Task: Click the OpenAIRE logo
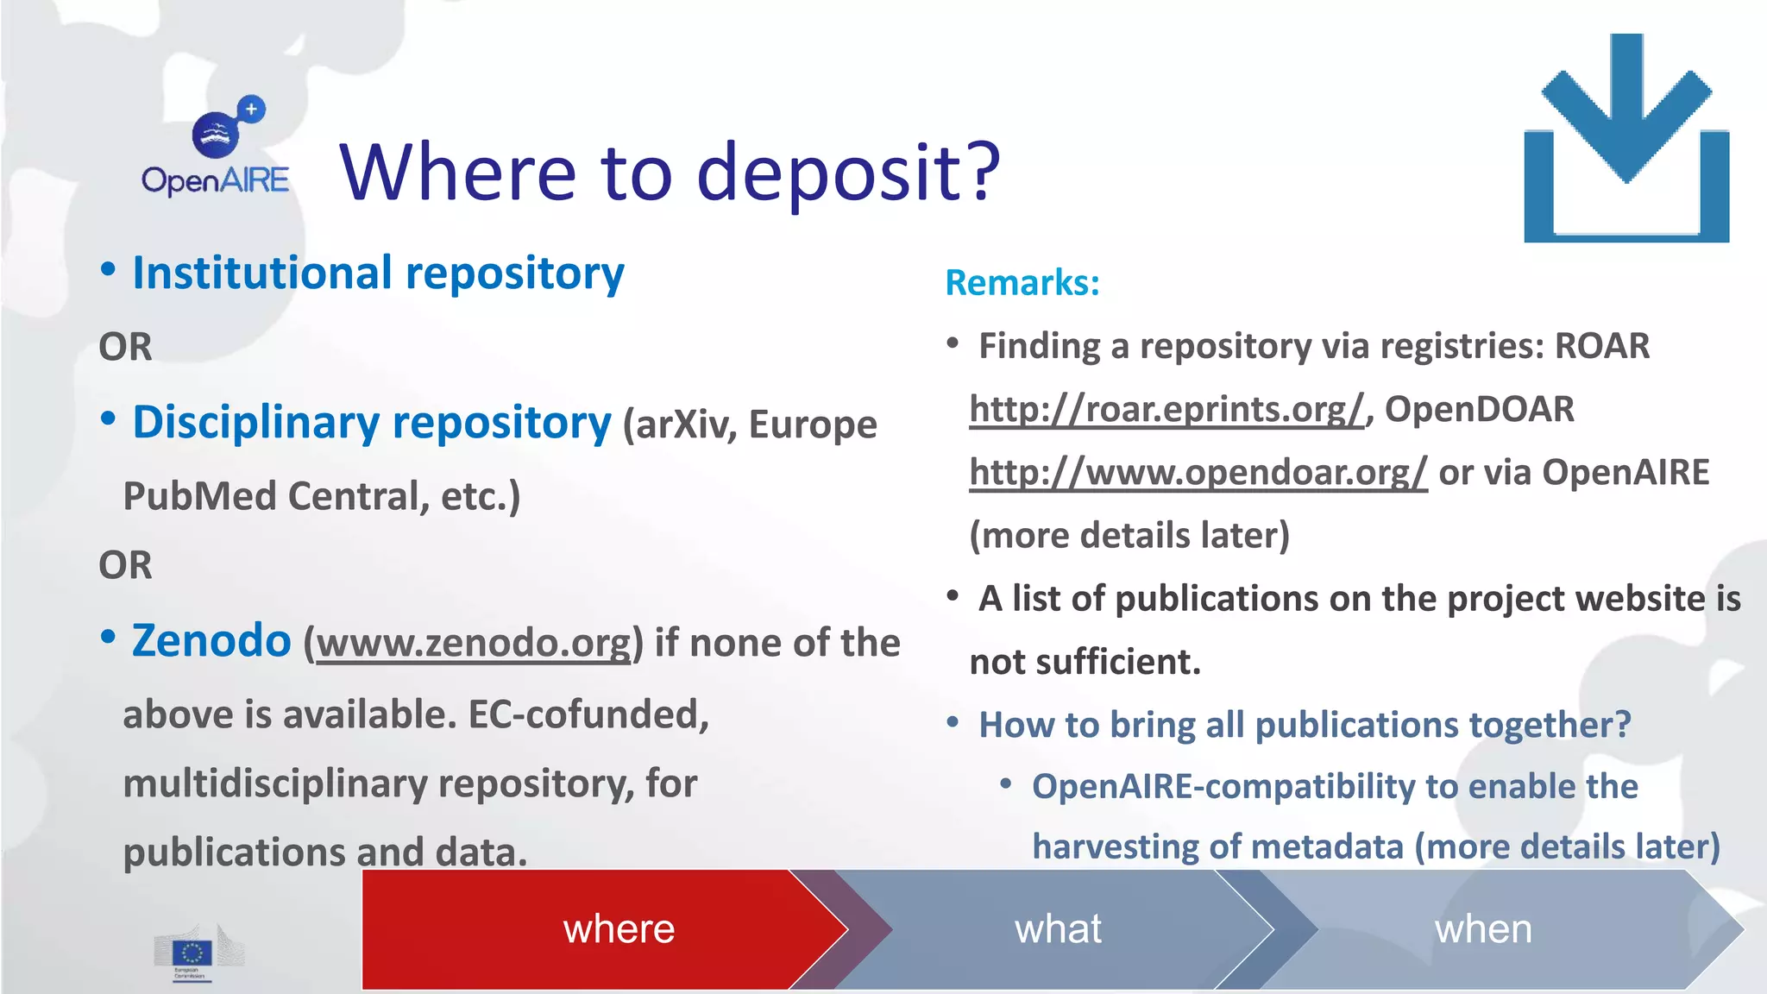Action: click(216, 147)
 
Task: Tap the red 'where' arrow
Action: click(604, 929)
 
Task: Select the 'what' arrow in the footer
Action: click(1058, 929)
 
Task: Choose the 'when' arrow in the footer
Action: click(1483, 929)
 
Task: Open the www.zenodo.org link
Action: click(474, 644)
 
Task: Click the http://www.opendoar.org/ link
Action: click(1198, 473)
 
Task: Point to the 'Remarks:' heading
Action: click(1022, 283)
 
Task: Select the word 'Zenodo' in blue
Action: click(211, 641)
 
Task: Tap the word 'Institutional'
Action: click(262, 274)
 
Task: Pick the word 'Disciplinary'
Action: click(255, 423)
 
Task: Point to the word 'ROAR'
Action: click(1601, 346)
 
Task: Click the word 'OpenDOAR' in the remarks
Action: click(1479, 409)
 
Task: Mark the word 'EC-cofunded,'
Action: click(588, 714)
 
